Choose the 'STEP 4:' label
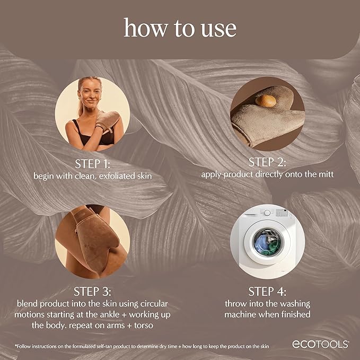pyautogui.click(x=267, y=291)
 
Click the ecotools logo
pyautogui.click(x=320, y=344)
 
